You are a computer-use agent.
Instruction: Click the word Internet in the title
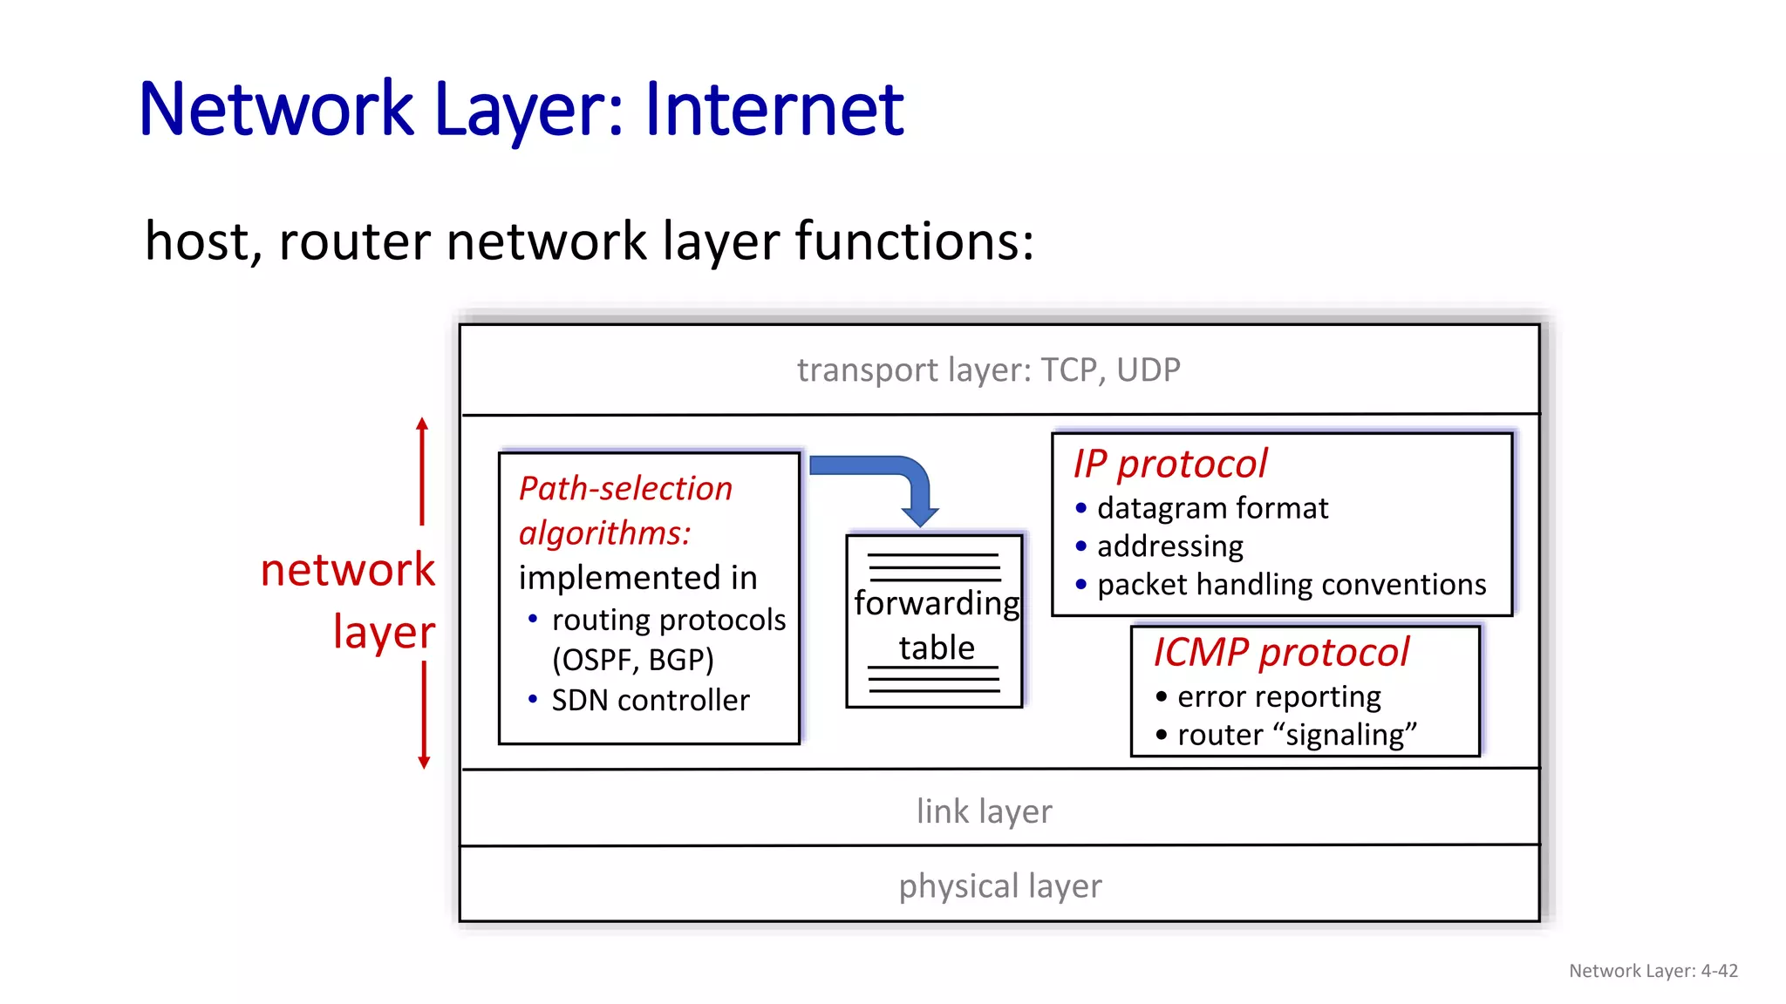point(774,110)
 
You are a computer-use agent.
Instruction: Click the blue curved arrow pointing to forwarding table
point(898,475)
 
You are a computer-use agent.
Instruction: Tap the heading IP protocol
point(1169,464)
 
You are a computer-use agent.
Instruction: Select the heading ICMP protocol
point(1280,653)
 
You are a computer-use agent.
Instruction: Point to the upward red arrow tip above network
point(422,424)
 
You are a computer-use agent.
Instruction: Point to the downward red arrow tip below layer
point(424,763)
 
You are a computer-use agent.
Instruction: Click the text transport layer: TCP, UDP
point(988,370)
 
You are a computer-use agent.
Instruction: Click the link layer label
point(984,811)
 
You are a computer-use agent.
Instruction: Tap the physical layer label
point(999,886)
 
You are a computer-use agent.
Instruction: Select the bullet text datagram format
point(1212,508)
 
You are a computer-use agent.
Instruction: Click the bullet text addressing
point(1169,546)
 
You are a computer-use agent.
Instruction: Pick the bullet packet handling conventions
point(1291,585)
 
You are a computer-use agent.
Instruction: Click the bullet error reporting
point(1278,697)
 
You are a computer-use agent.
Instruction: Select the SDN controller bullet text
point(650,701)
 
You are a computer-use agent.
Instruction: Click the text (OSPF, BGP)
point(632,660)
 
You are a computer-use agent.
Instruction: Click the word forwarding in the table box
point(936,603)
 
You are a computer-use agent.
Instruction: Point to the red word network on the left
point(347,571)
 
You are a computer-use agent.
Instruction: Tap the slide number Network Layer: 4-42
point(1653,971)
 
